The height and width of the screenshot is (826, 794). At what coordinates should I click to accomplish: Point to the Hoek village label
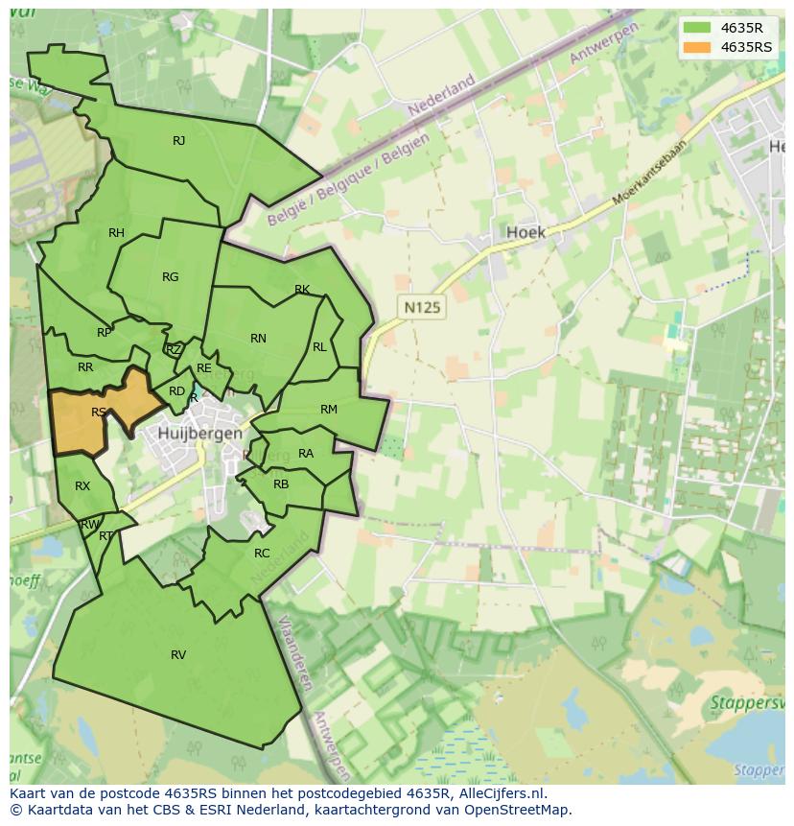tap(525, 232)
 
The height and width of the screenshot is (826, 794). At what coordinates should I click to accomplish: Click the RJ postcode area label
tap(178, 141)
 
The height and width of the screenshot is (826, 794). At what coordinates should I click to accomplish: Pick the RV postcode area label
tap(178, 655)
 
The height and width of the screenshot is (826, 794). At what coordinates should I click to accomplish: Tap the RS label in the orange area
tap(99, 413)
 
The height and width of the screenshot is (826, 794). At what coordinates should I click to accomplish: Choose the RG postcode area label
tap(170, 277)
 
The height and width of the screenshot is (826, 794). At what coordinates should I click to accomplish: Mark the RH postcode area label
tap(116, 233)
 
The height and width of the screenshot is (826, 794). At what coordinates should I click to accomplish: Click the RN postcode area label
tap(258, 339)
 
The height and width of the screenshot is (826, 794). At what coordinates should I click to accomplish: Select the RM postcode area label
tap(329, 410)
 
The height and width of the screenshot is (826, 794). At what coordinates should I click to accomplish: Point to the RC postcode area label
tap(262, 554)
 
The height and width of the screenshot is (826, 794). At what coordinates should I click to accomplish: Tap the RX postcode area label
tap(82, 486)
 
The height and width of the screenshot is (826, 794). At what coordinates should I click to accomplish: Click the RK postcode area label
tap(302, 290)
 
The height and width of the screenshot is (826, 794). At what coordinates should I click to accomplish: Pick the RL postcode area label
tap(319, 347)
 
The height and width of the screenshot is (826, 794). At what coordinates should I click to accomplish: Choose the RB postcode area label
tap(281, 484)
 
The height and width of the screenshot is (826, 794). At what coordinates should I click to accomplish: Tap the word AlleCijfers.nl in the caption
tap(499, 793)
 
